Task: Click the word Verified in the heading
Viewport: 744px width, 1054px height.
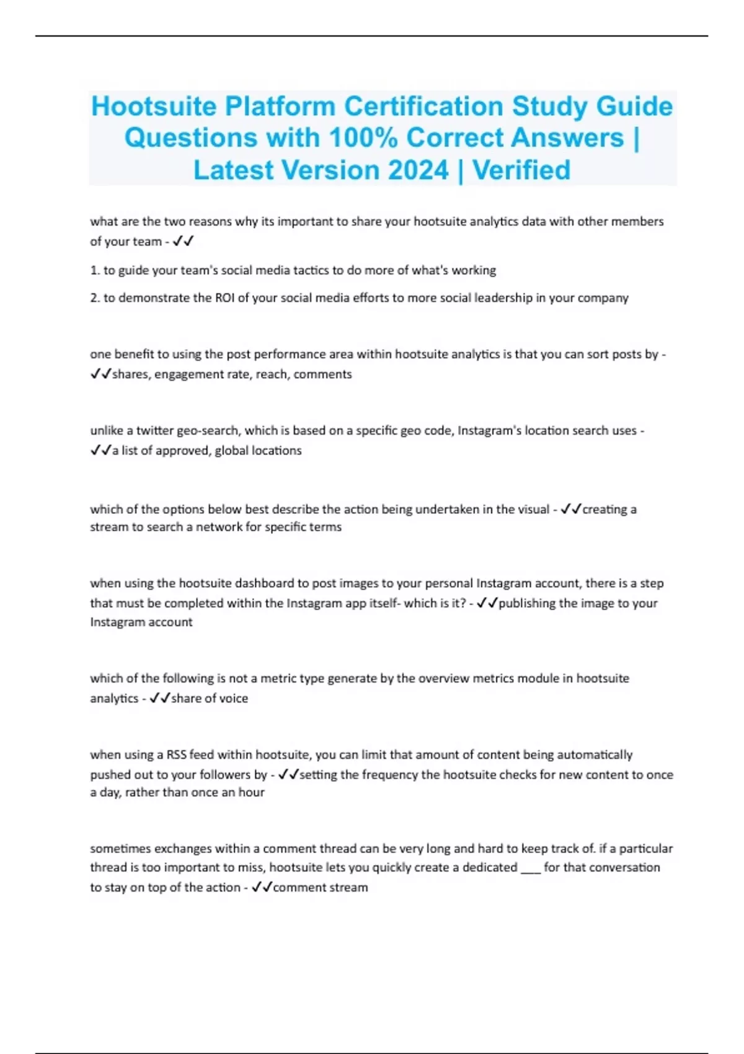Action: point(521,170)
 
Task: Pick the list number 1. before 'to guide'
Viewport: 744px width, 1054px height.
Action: point(95,270)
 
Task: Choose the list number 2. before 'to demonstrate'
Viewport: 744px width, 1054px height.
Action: point(95,298)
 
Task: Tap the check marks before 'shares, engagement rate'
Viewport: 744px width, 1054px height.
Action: point(100,374)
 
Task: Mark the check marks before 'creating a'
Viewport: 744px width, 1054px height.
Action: point(570,509)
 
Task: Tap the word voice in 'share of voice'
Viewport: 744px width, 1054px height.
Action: point(234,698)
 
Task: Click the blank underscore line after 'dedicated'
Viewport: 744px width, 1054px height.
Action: point(531,870)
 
